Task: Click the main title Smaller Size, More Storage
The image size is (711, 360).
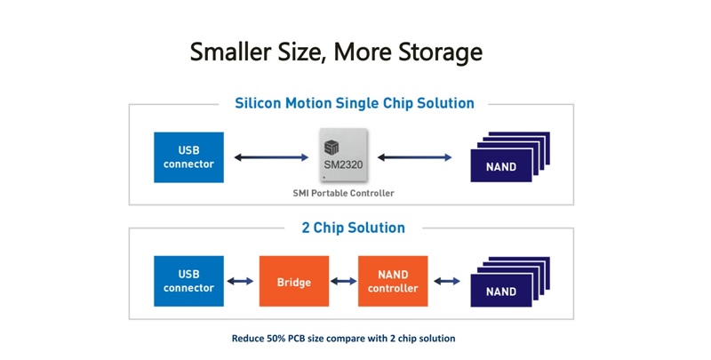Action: click(x=336, y=52)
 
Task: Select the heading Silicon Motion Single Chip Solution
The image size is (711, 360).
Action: click(x=355, y=103)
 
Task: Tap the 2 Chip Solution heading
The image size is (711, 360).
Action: click(x=353, y=228)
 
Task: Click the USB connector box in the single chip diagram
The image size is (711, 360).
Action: click(x=188, y=157)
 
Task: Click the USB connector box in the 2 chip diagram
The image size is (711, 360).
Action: click(x=188, y=281)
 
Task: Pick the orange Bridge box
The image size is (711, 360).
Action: click(x=294, y=281)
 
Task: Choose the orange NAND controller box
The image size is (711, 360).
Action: click(x=393, y=281)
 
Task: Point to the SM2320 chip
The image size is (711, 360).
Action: click(x=343, y=155)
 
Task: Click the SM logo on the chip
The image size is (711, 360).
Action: click(x=332, y=148)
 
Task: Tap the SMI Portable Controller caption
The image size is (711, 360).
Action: click(x=343, y=193)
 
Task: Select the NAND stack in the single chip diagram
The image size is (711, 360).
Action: click(x=510, y=156)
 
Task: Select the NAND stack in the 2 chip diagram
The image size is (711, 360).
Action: click(x=510, y=282)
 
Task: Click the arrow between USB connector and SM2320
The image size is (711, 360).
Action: click(x=271, y=157)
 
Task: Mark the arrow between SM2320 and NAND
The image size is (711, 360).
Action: click(x=414, y=157)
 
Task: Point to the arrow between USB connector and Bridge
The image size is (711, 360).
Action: click(x=240, y=281)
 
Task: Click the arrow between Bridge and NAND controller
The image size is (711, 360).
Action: click(x=344, y=281)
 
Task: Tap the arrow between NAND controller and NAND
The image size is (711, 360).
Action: click(x=447, y=281)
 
